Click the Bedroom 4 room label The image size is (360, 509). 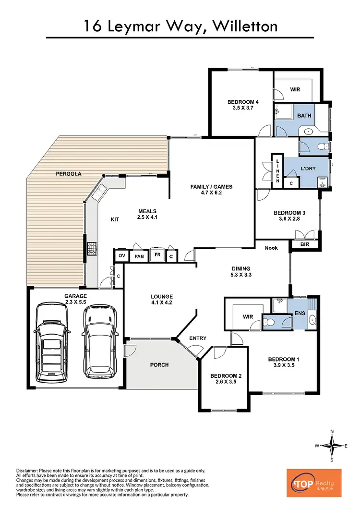click(x=243, y=102)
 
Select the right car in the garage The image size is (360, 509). click(x=99, y=338)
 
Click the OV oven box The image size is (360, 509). click(x=121, y=256)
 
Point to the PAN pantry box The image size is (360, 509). click(x=139, y=257)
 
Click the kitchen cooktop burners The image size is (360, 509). click(x=91, y=249)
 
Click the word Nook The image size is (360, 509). click(x=272, y=248)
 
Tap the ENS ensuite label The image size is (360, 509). click(x=300, y=313)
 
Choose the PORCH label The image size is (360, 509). click(x=159, y=365)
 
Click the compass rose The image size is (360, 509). click(x=332, y=446)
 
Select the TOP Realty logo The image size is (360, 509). click(x=314, y=483)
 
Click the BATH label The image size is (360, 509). click(x=304, y=116)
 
